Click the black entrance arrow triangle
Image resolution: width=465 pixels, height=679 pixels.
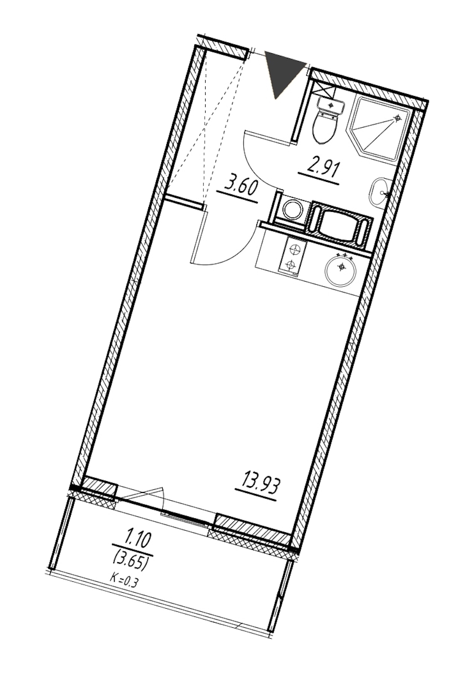(282, 71)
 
